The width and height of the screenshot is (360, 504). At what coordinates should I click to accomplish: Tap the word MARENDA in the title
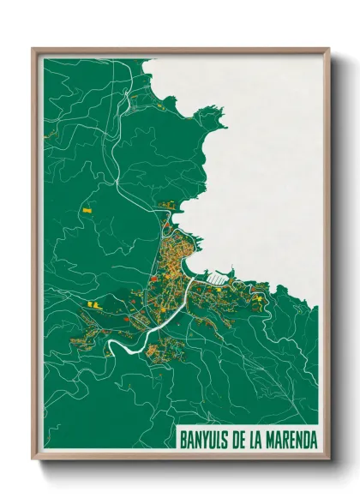tap(289, 438)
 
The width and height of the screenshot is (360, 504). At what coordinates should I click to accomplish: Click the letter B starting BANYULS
tap(183, 438)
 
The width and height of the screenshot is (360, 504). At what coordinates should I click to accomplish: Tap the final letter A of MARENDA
tap(312, 438)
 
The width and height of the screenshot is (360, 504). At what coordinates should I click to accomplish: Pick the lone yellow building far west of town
tap(86, 208)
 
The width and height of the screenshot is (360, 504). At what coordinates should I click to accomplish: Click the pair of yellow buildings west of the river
tap(93, 304)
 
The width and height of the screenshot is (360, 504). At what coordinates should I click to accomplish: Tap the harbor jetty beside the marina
tap(203, 276)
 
